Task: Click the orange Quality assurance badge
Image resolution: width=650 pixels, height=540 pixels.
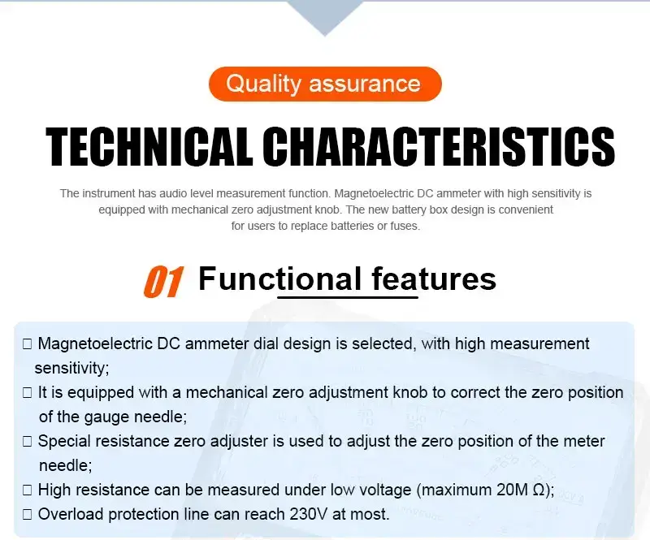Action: click(x=325, y=84)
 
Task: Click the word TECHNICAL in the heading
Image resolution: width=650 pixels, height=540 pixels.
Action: click(x=149, y=146)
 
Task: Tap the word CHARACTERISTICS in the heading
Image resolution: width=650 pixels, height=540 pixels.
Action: click(x=439, y=146)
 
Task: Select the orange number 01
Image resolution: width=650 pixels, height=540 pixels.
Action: click(x=163, y=282)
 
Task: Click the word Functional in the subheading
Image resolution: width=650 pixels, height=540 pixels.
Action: click(x=279, y=279)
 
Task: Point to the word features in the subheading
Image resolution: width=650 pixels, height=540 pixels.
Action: click(x=434, y=279)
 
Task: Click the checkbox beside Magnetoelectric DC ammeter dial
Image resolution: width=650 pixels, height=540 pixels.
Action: click(x=28, y=344)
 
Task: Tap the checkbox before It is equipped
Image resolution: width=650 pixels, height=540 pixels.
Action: click(x=28, y=392)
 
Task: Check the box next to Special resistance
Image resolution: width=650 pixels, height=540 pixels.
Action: click(x=28, y=442)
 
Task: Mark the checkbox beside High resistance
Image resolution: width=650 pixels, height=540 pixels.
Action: click(x=28, y=490)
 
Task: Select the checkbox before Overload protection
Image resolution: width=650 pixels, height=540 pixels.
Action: click(x=28, y=515)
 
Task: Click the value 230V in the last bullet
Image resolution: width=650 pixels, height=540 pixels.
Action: click(x=309, y=514)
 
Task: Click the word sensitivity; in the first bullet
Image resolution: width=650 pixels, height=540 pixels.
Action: click(x=71, y=368)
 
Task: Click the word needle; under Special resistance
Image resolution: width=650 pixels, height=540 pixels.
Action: click(x=66, y=465)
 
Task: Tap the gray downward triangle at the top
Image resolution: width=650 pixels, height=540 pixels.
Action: click(x=325, y=15)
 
